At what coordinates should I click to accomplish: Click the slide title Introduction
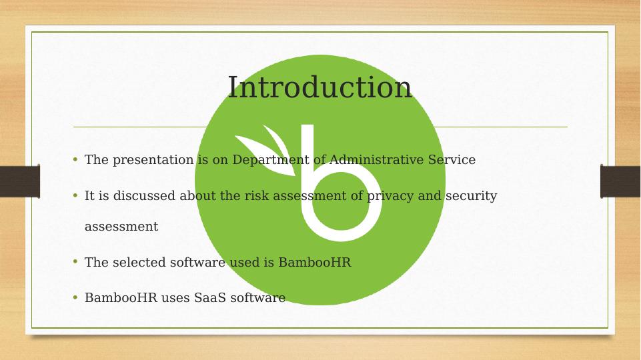click(x=319, y=87)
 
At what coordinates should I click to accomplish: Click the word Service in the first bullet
click(x=452, y=159)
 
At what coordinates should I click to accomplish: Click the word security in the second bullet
click(x=471, y=196)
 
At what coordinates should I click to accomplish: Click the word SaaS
click(x=209, y=297)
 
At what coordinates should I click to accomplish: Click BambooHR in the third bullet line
click(x=314, y=262)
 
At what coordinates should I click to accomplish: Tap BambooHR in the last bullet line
click(x=121, y=297)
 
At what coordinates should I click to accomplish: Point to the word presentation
click(x=153, y=160)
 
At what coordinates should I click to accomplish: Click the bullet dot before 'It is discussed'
click(x=75, y=195)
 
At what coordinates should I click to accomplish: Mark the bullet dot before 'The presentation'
click(x=75, y=159)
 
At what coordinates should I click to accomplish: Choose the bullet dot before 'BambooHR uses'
click(x=75, y=297)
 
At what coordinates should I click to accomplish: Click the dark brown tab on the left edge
click(x=20, y=181)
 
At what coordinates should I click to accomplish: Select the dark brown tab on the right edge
click(x=620, y=181)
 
